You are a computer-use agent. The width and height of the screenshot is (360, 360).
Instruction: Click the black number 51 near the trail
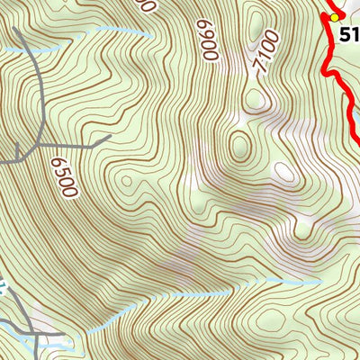click(350, 36)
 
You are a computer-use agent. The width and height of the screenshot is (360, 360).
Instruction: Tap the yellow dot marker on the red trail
click(335, 17)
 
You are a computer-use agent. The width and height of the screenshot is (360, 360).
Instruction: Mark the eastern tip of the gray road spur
click(110, 136)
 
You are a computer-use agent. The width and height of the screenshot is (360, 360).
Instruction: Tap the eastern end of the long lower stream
click(319, 282)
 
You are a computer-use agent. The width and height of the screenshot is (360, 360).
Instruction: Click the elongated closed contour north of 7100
click(256, 25)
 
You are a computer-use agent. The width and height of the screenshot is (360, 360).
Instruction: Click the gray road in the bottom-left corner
click(36, 337)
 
